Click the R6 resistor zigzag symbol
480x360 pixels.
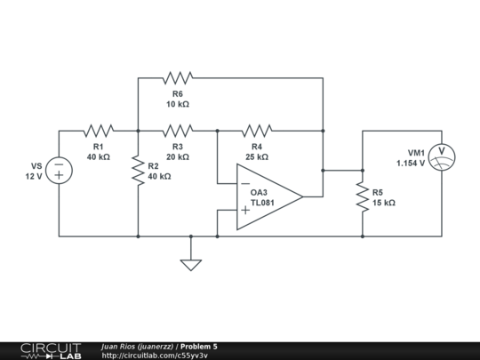178,78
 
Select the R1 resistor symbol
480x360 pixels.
99,131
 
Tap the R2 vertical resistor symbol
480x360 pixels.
139,170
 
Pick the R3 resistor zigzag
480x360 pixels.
178,131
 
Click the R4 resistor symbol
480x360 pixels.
257,131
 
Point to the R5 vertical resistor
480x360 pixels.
363,196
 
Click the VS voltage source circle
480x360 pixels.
60,170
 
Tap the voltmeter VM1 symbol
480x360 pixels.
442,157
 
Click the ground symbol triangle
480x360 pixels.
191,264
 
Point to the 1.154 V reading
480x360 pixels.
411,164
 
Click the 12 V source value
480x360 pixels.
33,176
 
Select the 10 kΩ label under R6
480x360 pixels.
178,104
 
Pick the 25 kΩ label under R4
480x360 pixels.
257,156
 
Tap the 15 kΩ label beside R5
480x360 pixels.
384,203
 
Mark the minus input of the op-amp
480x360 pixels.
244,184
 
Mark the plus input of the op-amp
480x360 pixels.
244,211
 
